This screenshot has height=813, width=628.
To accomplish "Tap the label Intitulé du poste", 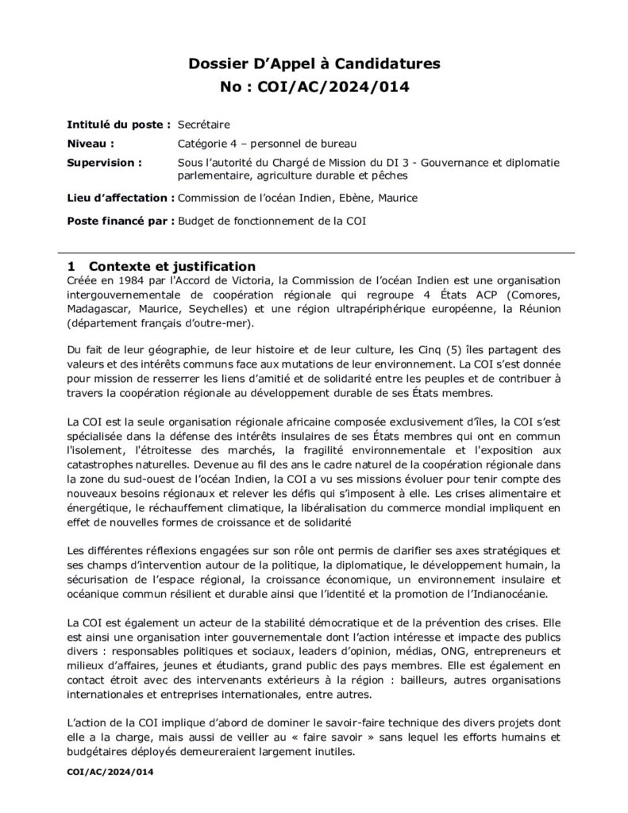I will (x=118, y=125).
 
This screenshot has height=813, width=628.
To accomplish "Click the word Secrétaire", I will (x=203, y=125).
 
